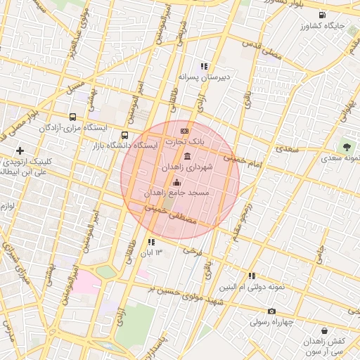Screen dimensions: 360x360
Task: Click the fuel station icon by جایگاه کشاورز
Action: pos(322,15)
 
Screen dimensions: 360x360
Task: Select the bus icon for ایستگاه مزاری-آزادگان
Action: pos(73,117)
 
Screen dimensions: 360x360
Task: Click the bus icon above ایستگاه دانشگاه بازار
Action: pos(125,135)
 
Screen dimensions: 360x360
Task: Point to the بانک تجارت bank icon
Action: pos(185,131)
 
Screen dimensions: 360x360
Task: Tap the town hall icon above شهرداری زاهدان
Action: pos(187,156)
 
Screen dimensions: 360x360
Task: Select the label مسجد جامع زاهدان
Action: pos(178,193)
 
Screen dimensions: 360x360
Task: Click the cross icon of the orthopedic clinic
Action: pos(20,150)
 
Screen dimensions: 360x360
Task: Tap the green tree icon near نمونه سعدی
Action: pos(346,147)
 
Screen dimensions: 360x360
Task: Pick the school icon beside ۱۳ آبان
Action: pos(151,242)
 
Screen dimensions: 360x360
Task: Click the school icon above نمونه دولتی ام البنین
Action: pos(251,276)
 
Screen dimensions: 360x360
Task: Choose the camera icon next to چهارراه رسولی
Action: pos(271,311)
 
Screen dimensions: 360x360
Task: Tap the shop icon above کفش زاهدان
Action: pos(323,330)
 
